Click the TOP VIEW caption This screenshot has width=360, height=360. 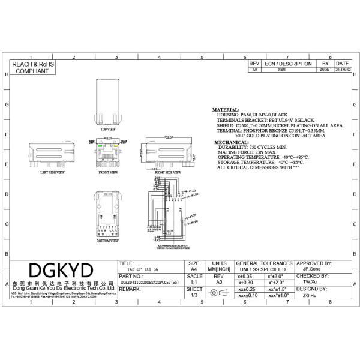coord(108,129)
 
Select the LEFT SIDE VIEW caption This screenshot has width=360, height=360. coord(52,172)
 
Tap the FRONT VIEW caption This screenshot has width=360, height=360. coord(108,172)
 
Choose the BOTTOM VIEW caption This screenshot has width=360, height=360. coord(107,241)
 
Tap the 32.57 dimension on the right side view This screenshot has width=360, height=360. coord(169,137)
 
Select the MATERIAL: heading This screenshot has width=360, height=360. coord(226,110)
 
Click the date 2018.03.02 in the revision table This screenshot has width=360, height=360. coord(343,70)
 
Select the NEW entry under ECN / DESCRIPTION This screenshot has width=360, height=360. coord(281,70)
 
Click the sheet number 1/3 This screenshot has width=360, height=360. coord(194,295)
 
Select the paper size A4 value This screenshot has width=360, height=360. coord(194,270)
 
